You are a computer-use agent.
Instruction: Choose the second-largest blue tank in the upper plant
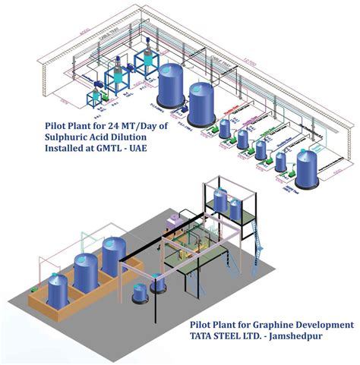pyautogui.click(x=199, y=102)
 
